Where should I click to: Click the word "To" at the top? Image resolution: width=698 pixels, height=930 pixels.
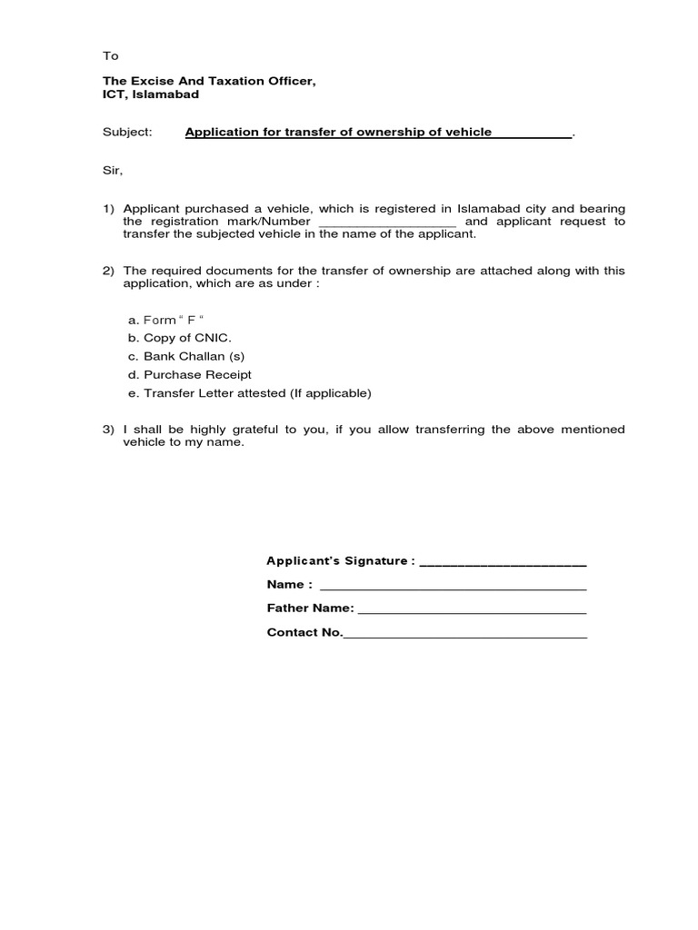click(110, 55)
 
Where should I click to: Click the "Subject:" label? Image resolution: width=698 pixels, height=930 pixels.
click(127, 133)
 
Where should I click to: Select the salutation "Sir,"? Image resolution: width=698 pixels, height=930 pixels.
click(112, 170)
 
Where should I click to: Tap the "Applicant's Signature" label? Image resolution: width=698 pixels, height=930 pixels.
click(341, 561)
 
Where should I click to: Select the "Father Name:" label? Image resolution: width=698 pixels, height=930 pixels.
click(310, 608)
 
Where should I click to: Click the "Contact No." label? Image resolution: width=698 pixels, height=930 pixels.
click(304, 632)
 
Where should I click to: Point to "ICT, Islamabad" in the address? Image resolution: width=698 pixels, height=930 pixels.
click(150, 94)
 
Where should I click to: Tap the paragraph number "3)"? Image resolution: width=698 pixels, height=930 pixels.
click(109, 430)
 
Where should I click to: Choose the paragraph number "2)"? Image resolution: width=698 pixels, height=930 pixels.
click(109, 271)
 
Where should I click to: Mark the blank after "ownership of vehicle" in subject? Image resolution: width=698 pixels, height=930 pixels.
click(533, 134)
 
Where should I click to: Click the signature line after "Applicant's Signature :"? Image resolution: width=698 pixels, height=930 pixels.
click(503, 563)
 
